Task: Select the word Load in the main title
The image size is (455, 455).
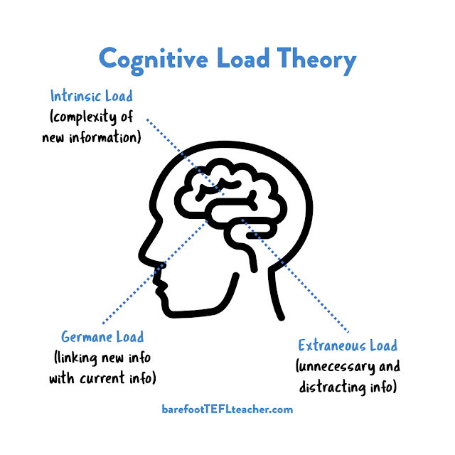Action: pos(247,60)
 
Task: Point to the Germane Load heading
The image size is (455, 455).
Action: pos(102,336)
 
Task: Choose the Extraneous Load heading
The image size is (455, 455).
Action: pos(348,346)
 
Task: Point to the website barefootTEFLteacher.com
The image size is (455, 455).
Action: pos(227,409)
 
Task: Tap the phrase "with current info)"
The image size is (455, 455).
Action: pos(102,378)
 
